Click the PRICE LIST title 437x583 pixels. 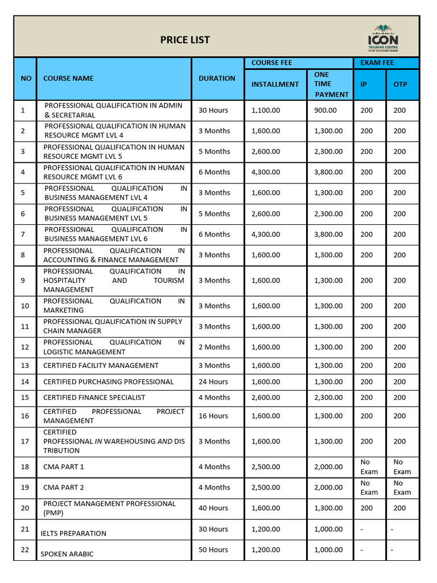184,40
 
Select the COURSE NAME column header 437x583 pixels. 68,79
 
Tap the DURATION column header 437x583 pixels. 217,79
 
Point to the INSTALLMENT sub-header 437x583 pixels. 275,84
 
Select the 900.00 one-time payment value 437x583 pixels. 325,110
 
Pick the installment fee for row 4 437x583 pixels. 266,172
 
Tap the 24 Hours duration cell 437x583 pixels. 213,381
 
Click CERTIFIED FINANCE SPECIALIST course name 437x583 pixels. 94,397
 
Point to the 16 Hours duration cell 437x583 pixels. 213,416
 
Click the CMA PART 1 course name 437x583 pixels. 64,467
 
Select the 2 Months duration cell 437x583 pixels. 215,347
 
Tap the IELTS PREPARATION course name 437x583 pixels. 73,533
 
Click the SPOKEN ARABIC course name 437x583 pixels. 67,554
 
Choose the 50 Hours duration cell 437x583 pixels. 213,549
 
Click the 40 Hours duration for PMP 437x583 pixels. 213,508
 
